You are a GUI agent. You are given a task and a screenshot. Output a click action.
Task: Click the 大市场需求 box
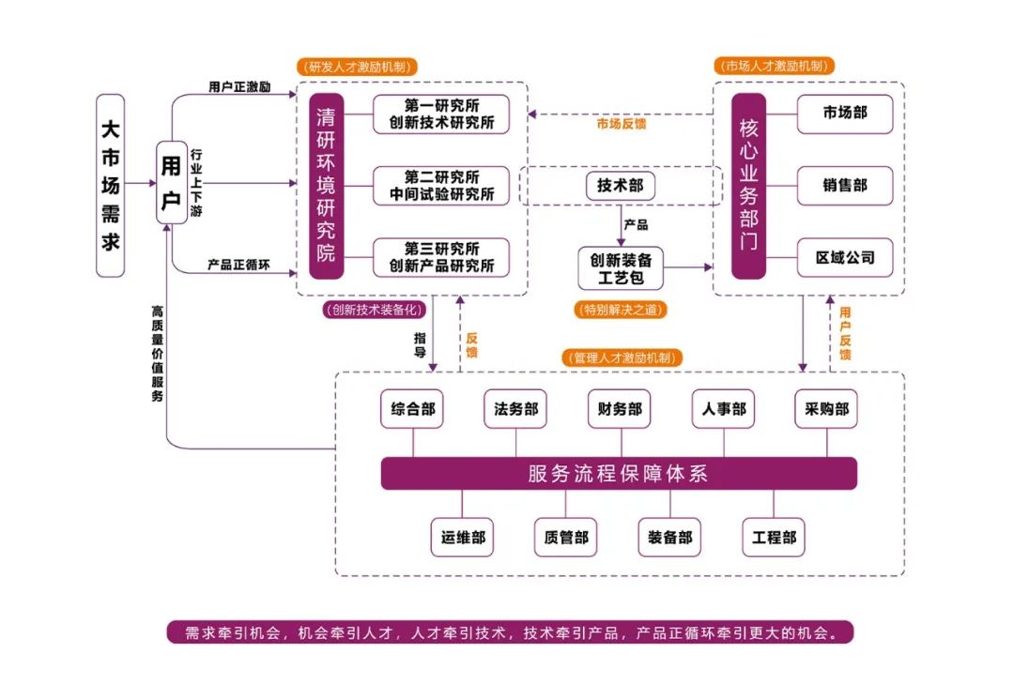111,185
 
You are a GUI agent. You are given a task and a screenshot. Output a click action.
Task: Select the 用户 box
171,183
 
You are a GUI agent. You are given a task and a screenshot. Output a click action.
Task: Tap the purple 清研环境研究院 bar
327,186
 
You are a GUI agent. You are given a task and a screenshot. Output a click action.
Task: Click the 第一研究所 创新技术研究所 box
441,114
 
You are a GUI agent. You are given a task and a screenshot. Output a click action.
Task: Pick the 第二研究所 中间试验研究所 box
441,186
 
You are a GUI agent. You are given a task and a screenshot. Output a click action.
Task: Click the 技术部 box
620,186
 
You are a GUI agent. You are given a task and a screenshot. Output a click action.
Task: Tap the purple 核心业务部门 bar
748,186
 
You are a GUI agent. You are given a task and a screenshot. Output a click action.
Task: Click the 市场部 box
844,114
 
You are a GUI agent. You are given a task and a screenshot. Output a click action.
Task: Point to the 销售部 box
844,186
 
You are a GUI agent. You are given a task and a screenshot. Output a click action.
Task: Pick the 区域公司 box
844,257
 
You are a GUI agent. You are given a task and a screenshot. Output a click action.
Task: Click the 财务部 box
619,409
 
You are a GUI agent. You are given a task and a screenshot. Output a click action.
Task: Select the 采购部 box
826,409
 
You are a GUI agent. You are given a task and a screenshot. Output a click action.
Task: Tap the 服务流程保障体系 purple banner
618,474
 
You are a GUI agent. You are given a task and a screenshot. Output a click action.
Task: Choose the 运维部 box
462,538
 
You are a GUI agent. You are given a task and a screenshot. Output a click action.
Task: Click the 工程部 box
774,538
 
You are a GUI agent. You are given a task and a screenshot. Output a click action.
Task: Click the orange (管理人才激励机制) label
622,357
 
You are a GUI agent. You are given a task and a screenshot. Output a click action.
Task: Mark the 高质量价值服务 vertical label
157,353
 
